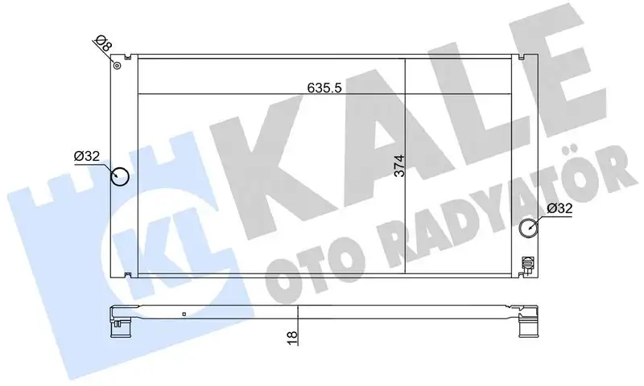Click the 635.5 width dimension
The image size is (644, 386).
pos(324,88)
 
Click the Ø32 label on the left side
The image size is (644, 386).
pos(86,157)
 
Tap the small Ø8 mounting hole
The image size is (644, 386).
pos(118,65)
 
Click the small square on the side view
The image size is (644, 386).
pos(184,314)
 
